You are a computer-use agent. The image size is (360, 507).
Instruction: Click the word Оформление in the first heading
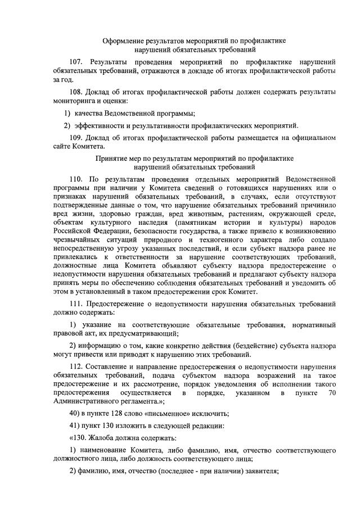click(x=123, y=41)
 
